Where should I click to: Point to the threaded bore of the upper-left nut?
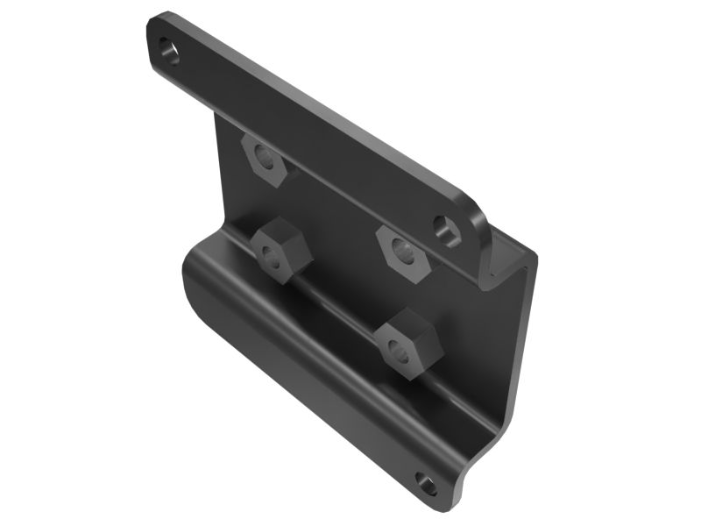tap(261, 160)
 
